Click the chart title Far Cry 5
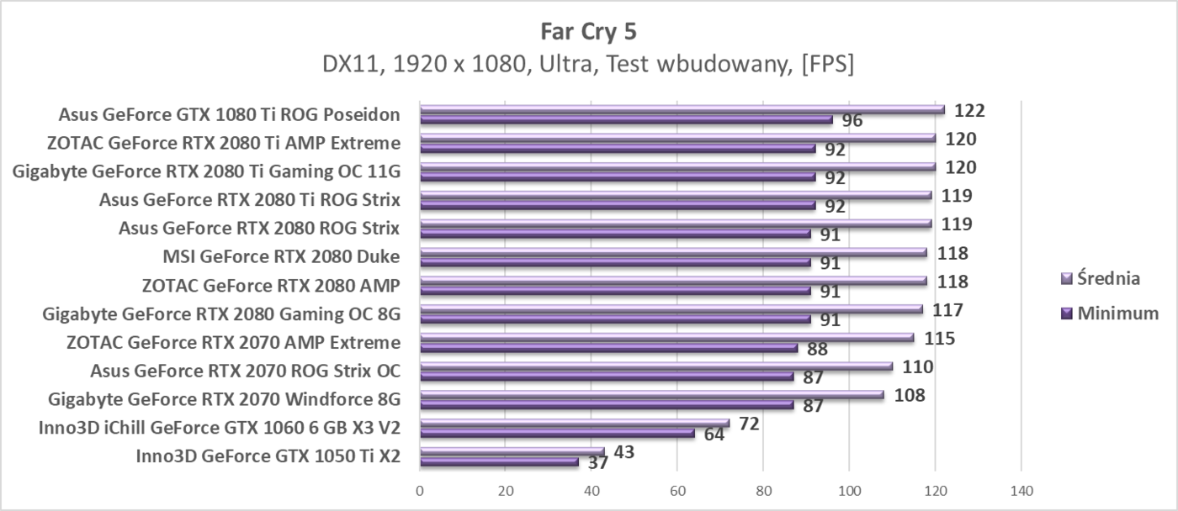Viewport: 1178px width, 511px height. (x=589, y=32)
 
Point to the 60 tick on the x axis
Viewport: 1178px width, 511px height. (x=677, y=490)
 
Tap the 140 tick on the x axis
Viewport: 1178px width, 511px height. (x=1020, y=490)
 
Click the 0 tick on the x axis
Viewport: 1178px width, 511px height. (x=420, y=490)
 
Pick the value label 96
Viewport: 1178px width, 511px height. (x=852, y=121)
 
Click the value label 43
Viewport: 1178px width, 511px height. (x=623, y=452)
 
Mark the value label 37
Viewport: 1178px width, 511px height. (x=598, y=463)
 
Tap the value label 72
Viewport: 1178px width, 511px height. (x=748, y=424)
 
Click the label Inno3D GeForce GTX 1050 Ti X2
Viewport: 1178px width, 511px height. (x=268, y=456)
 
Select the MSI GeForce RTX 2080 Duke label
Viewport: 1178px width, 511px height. (x=281, y=257)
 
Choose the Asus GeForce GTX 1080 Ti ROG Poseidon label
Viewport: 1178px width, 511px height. (x=229, y=115)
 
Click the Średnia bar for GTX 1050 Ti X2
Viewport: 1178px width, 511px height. (x=512, y=452)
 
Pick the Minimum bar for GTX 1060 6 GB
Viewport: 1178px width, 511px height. (x=557, y=434)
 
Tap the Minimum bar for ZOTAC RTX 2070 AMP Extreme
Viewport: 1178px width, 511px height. (x=608, y=348)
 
